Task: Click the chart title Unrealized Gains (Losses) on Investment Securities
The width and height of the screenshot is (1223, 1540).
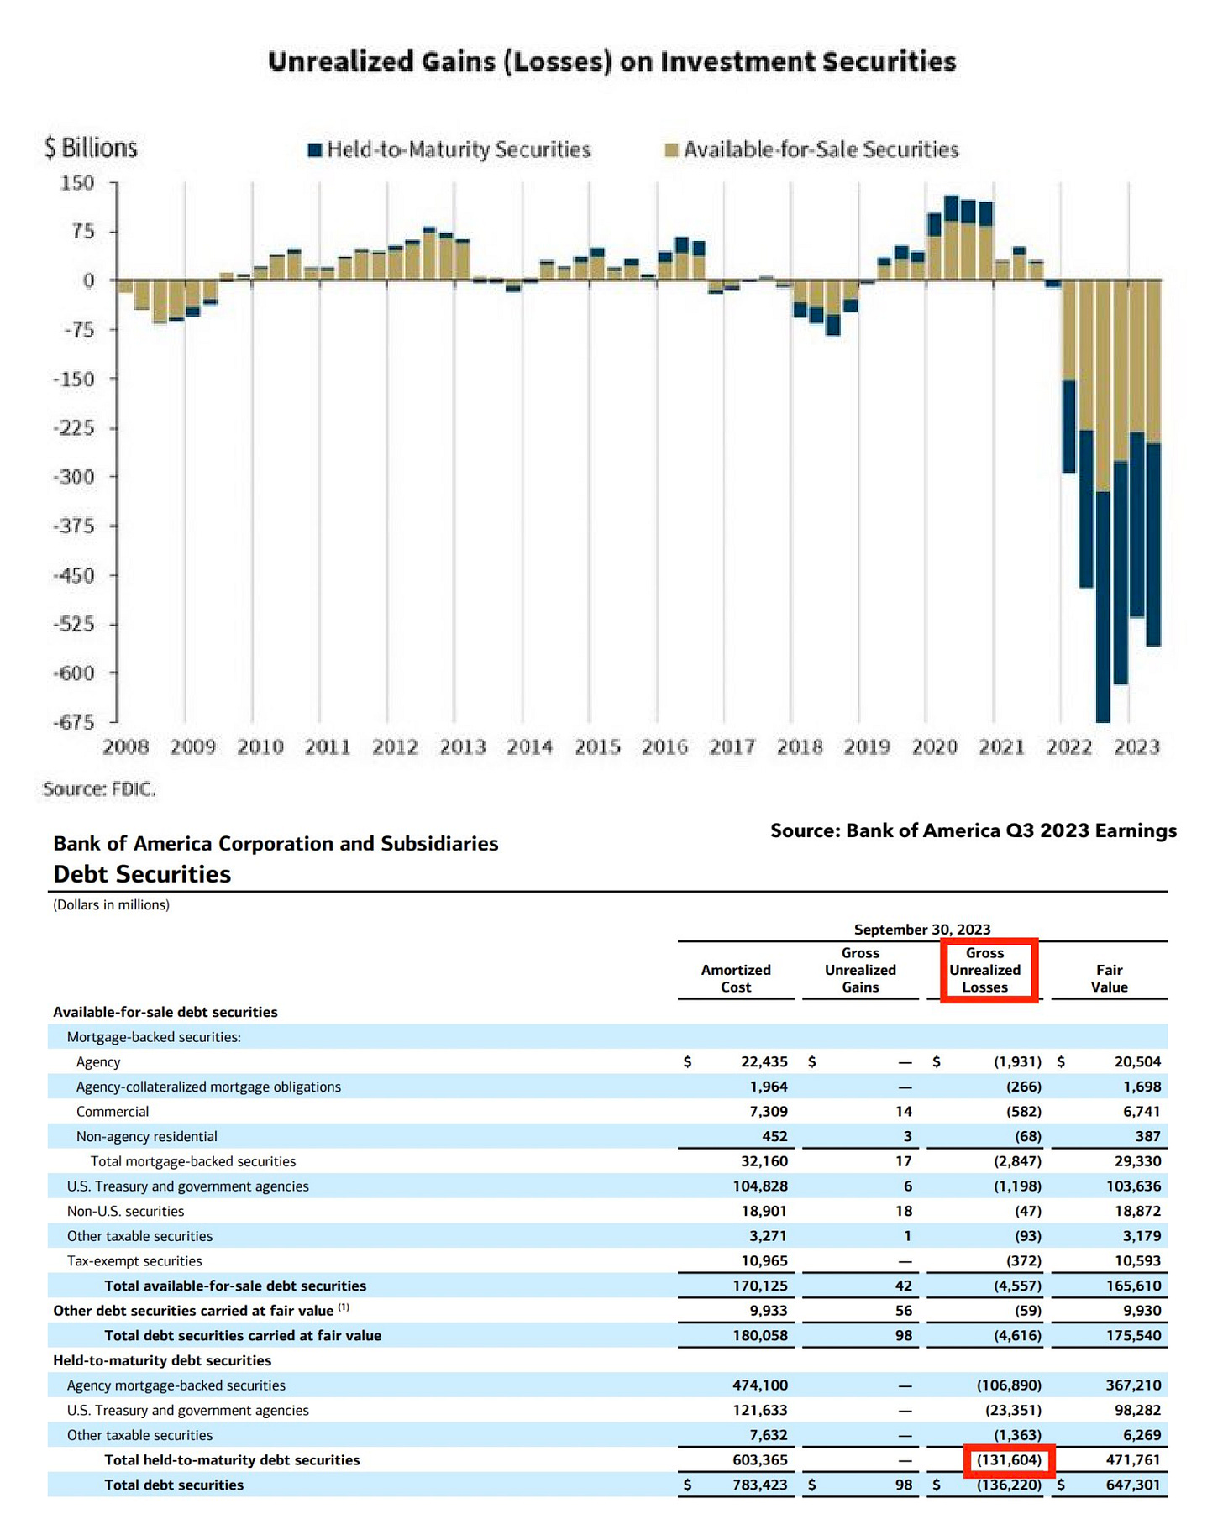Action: coord(611,61)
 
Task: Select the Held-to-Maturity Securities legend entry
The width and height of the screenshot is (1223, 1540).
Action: coord(458,149)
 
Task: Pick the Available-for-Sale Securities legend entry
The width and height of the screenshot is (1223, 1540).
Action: coord(821,149)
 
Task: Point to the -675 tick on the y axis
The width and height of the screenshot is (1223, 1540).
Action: coord(73,722)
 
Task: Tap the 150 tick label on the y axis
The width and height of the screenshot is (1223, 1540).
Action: coord(77,183)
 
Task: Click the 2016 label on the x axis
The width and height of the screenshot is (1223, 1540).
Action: coord(664,746)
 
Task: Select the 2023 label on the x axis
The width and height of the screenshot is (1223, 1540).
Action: coord(1136,746)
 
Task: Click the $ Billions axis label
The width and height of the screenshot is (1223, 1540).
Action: coord(91,148)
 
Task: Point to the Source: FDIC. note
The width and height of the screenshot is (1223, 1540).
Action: coord(99,788)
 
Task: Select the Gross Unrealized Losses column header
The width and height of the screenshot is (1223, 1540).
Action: coord(984,970)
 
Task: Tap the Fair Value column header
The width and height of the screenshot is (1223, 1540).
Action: coord(1109,978)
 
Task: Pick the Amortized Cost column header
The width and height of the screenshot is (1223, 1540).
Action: coord(736,978)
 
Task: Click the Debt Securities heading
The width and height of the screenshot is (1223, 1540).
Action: coord(142,874)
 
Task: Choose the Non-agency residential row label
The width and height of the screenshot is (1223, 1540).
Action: coord(146,1136)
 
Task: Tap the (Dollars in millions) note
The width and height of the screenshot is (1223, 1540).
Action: coord(111,904)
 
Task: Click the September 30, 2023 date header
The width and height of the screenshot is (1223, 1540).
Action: coord(921,929)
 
